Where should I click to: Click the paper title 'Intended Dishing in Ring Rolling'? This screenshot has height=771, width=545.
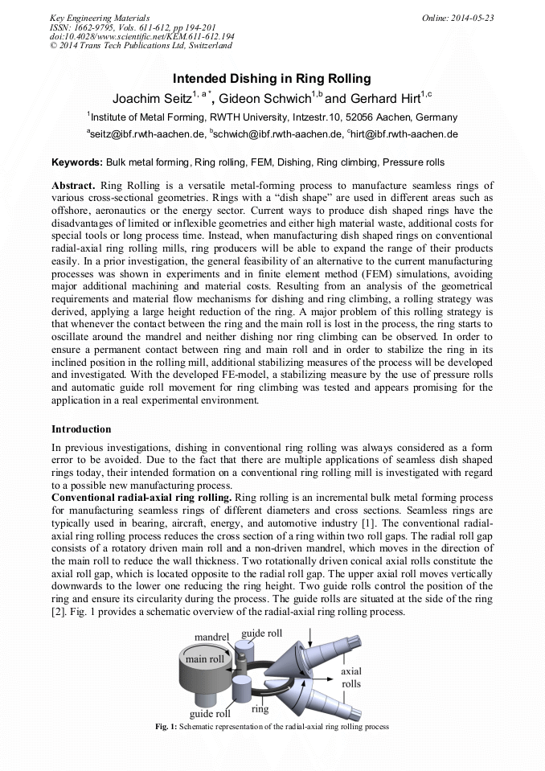272,79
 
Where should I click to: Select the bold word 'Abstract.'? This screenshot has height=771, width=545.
74,185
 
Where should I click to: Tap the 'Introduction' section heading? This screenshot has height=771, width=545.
81,429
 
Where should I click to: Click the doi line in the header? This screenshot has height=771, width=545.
141,36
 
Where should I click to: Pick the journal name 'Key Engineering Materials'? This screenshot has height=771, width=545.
100,17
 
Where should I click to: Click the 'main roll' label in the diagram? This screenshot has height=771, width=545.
205,659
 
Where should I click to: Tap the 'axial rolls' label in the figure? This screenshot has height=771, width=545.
351,677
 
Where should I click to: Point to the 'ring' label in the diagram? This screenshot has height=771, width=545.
260,709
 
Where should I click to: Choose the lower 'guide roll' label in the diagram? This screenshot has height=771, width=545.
210,713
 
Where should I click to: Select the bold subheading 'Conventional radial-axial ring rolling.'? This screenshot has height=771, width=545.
140,498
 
